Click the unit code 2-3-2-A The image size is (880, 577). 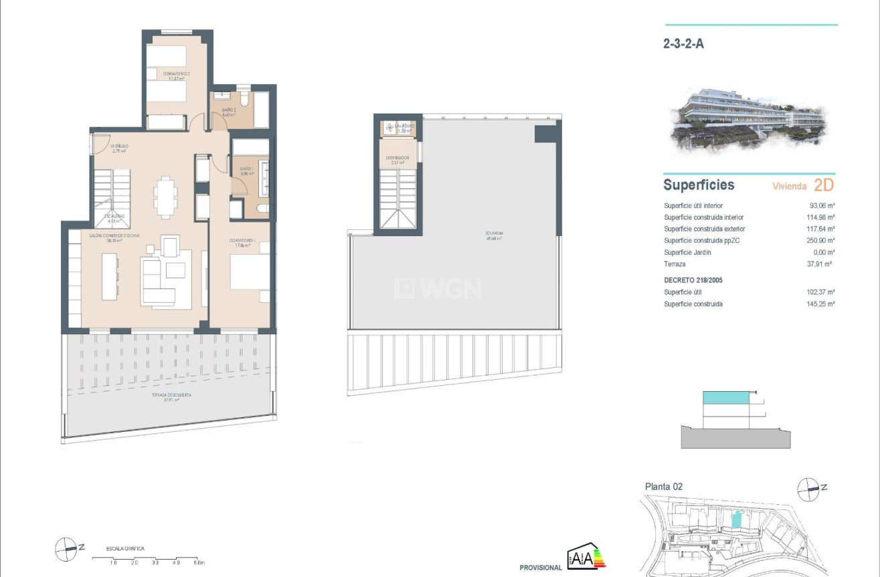point(683,45)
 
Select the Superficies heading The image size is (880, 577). point(698,185)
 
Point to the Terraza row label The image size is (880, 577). point(675,264)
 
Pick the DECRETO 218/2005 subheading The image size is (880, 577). point(693,280)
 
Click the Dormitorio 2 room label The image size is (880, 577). point(175,75)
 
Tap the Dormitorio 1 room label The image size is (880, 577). point(242,242)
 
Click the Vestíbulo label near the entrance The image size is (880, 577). point(119,148)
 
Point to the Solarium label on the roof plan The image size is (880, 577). point(495,235)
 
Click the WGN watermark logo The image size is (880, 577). point(438,288)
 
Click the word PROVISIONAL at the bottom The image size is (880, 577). point(541,568)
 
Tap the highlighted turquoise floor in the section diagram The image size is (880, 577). point(725,398)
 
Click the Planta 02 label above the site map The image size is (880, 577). point(663,487)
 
